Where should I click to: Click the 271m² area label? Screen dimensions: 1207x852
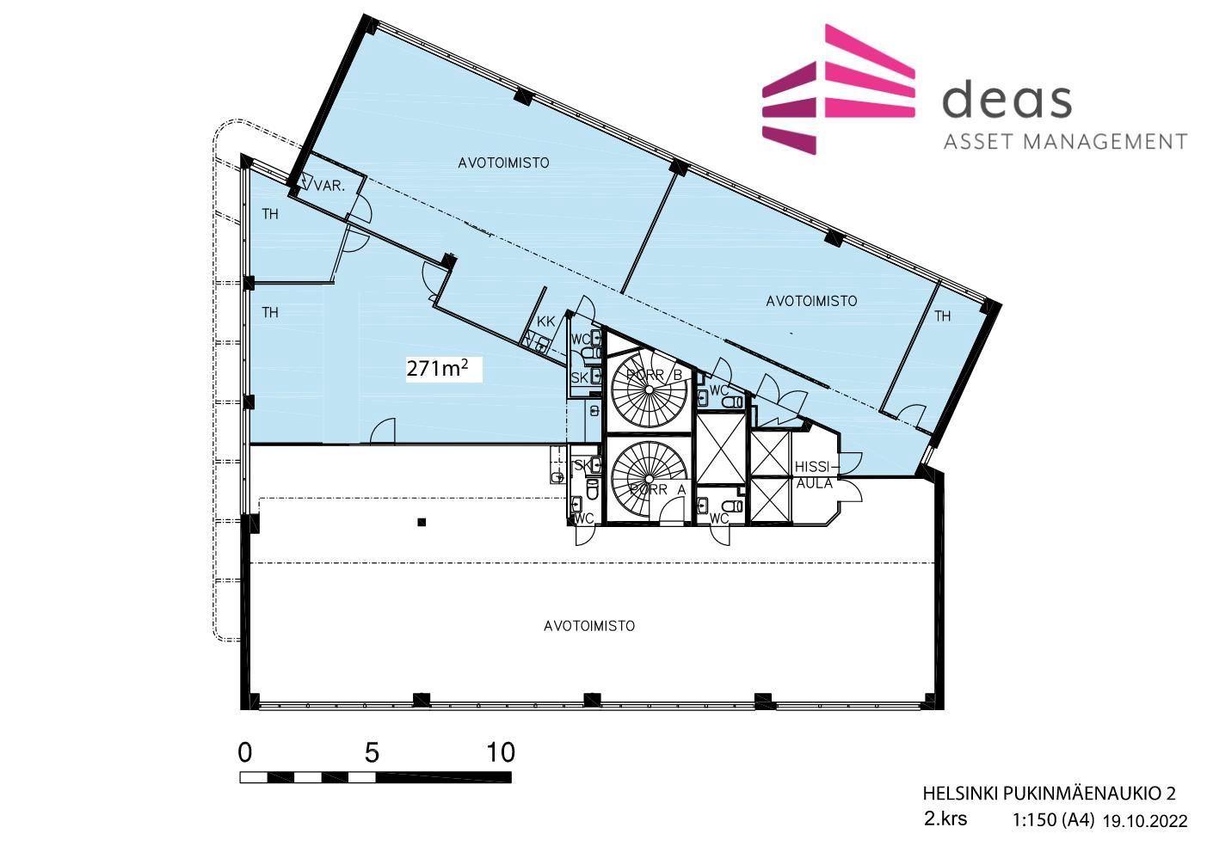437,369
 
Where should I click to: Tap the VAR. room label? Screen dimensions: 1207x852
329,187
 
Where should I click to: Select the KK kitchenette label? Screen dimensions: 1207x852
545,322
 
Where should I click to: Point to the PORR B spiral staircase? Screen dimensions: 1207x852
650,389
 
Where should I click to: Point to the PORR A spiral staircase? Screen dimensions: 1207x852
650,480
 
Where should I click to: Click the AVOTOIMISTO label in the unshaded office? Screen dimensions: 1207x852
589,626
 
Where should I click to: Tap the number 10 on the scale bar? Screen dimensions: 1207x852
501,752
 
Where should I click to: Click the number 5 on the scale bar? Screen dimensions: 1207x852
372,752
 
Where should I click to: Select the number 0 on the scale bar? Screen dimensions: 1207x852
244,752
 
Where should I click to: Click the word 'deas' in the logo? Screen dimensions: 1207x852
1007,99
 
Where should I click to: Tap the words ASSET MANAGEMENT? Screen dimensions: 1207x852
1065,142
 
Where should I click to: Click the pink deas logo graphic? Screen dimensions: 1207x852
839,89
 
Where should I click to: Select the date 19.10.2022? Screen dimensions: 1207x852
1145,821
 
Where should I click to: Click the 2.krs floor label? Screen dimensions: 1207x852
945,819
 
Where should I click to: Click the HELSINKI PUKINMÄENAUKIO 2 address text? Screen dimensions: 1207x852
1049,794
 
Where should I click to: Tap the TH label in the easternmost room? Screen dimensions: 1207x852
942,316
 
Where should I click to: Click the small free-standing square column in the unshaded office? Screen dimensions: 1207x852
422,522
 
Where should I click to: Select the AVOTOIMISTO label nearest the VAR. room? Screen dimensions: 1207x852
503,162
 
